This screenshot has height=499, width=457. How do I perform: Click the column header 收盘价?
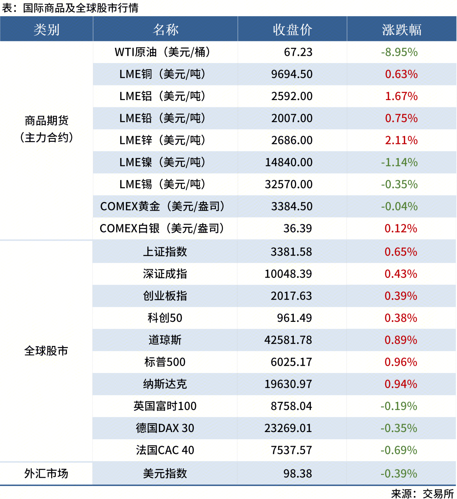[292, 30]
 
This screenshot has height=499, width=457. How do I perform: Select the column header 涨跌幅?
[402, 30]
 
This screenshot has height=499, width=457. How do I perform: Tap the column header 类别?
[46, 30]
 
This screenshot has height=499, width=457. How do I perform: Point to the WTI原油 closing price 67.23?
[298, 52]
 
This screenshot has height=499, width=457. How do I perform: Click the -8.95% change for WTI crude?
[399, 52]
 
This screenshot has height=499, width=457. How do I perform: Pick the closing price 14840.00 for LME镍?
[289, 162]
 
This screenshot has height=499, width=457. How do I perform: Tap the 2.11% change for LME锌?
[401, 140]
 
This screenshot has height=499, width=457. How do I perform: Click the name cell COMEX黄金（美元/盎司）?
[163, 206]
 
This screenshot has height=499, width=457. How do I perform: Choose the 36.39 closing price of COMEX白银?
[297, 228]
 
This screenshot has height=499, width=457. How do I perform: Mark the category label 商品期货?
[46, 121]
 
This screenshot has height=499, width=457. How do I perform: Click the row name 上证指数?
[165, 252]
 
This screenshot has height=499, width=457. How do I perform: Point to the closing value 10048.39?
[288, 274]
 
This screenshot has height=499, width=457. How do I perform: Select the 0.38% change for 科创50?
[401, 318]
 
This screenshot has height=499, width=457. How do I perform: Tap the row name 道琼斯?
[165, 340]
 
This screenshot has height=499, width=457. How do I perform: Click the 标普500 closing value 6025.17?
[291, 362]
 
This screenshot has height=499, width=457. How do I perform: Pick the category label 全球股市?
[46, 351]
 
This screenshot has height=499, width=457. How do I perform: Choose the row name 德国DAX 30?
[165, 428]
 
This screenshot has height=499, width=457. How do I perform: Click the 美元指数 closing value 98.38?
[297, 473]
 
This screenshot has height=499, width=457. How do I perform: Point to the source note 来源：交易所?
[422, 493]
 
